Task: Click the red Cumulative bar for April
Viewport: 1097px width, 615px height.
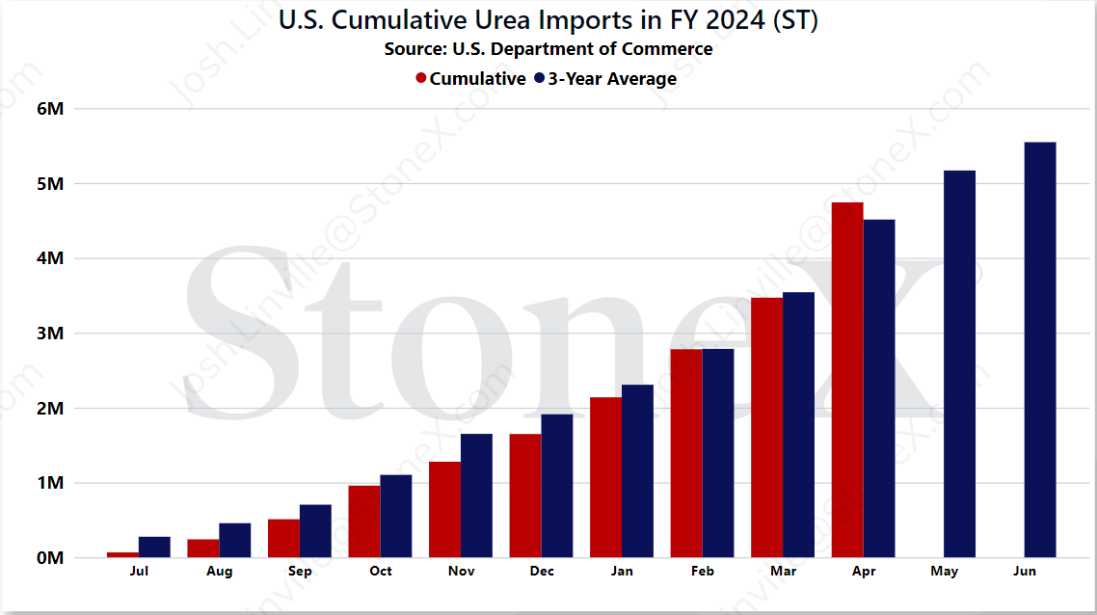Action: coord(847,380)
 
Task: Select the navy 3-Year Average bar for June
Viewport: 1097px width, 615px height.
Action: coord(1040,350)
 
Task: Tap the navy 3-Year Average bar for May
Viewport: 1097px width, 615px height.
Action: coord(959,363)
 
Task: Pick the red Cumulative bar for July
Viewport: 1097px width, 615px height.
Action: coord(122,555)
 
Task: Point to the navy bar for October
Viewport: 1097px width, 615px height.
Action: coord(396,517)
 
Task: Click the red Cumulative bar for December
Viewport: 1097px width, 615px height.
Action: coord(525,496)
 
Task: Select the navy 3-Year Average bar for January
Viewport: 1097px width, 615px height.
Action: coord(637,470)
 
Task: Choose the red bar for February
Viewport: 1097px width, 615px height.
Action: coord(686,453)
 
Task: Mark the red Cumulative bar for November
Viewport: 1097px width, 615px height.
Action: coord(445,509)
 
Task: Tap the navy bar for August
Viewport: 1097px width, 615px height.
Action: coord(235,540)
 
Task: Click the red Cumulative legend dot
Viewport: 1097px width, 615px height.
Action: coord(421,78)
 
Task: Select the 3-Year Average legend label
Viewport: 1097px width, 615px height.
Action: coord(612,79)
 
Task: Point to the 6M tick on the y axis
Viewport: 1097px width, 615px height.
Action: coord(50,109)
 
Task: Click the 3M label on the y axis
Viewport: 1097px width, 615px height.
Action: coord(50,333)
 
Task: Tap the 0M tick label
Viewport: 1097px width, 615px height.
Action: coord(50,557)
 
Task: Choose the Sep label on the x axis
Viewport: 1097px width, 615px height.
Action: coord(300,571)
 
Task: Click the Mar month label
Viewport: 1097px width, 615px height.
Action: coord(783,571)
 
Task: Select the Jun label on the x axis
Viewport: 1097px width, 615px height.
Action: coord(1025,571)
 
